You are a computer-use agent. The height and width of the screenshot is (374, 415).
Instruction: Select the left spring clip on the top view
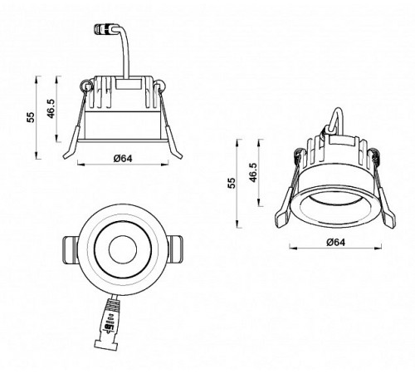(x=70, y=249)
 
